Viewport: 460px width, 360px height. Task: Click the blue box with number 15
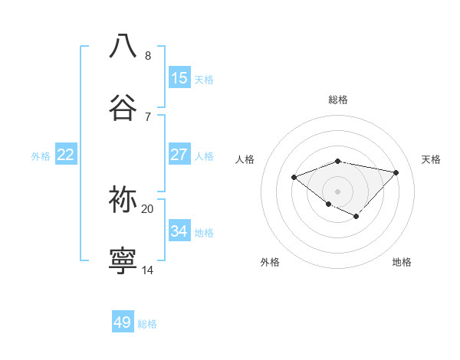pos(179,78)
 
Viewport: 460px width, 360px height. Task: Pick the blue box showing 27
pos(179,155)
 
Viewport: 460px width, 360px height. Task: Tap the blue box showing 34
pos(179,231)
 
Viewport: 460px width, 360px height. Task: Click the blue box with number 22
pos(65,155)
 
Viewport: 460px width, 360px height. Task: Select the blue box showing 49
pos(123,322)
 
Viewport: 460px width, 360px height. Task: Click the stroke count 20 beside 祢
pos(147,208)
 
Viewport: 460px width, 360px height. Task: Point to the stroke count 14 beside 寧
pos(147,270)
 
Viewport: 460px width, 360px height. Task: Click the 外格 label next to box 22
pos(41,156)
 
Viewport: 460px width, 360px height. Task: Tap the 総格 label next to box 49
pos(147,324)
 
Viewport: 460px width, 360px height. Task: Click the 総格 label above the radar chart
pos(338,100)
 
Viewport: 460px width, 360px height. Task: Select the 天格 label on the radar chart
pos(432,159)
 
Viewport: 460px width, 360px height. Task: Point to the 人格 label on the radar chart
pos(245,159)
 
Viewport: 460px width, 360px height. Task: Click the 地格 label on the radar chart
pos(402,262)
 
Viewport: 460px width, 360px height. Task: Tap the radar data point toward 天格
pos(396,172)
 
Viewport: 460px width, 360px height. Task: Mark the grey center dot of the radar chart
pos(338,191)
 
